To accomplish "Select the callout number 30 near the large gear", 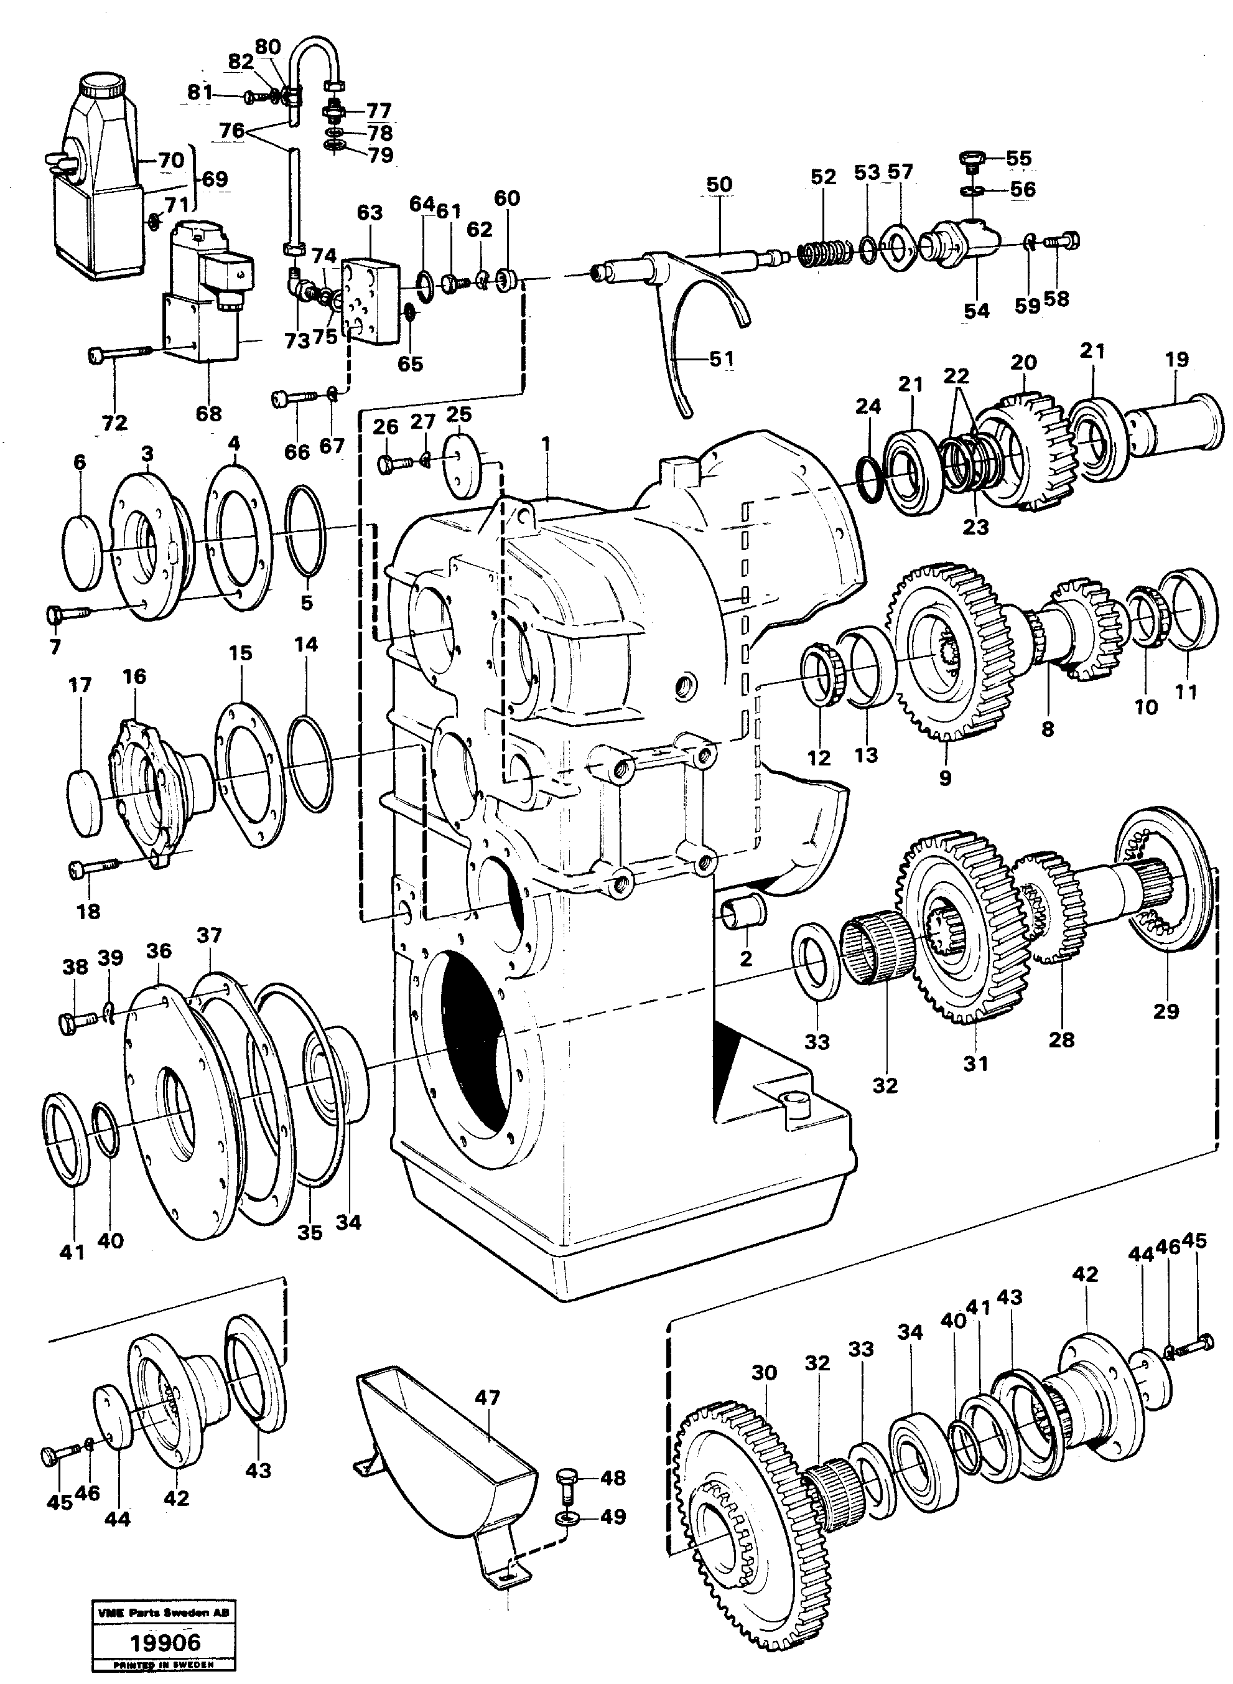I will click(x=765, y=1372).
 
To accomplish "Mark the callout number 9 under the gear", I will click(x=945, y=778).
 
